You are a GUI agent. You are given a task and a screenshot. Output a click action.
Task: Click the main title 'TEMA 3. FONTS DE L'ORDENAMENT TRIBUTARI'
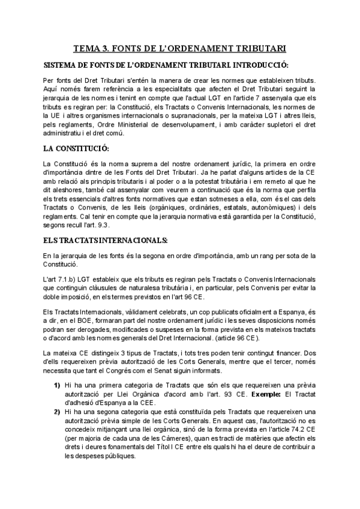(179, 47)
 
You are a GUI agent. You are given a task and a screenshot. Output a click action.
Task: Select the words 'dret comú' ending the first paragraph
(125, 132)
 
